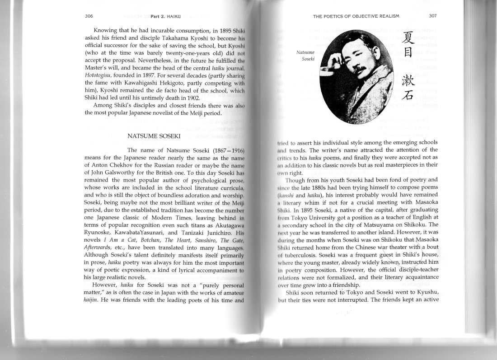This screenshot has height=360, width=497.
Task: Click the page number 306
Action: pos(89,16)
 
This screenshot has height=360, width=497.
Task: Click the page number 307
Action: pos(433,16)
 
